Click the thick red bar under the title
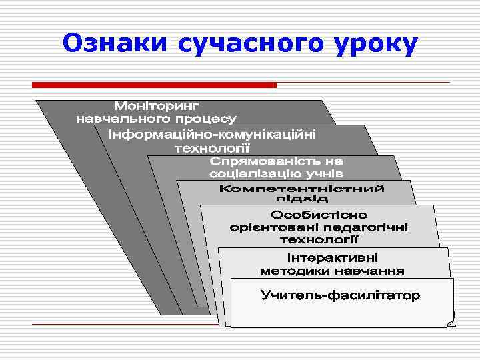154,85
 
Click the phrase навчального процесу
156,119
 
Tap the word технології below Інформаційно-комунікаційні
212,147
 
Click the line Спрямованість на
277,162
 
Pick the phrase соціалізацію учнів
277,173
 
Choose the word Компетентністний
302,189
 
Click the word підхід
302,199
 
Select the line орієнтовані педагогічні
319,227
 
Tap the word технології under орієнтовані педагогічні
319,238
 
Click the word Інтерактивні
331,258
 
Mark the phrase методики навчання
331,271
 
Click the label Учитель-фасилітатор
340,295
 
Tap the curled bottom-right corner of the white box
450,322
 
